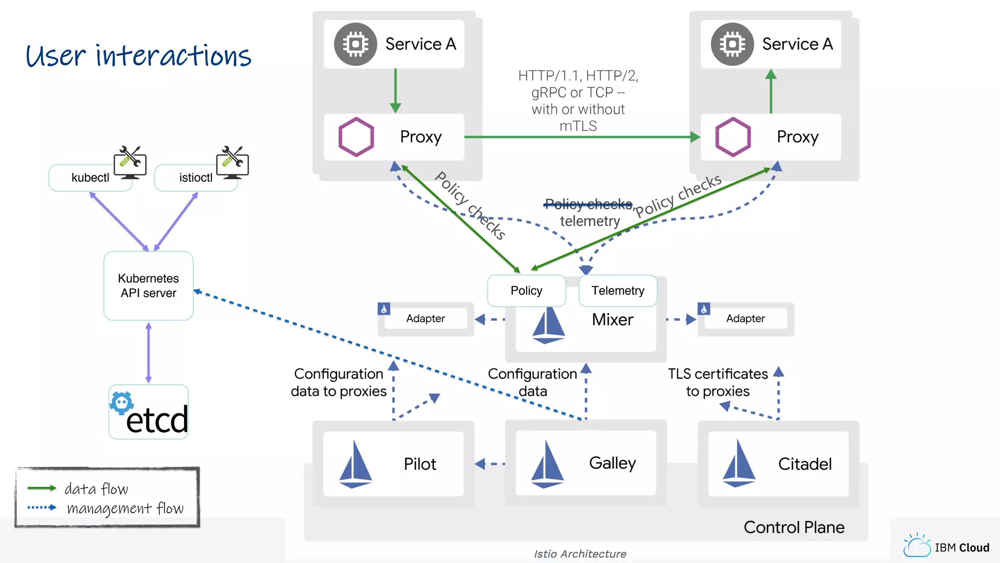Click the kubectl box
[x=90, y=177]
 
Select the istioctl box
[x=195, y=177]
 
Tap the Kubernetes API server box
[x=148, y=286]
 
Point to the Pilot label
[x=419, y=464]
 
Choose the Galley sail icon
[x=547, y=464]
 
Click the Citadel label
[x=804, y=464]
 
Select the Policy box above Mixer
[x=526, y=291]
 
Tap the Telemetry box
[x=618, y=291]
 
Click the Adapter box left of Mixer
[x=425, y=319]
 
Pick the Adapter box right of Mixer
[x=745, y=319]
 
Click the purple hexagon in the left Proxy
[x=356, y=137]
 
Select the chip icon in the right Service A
[x=732, y=44]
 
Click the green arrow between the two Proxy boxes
[x=581, y=137]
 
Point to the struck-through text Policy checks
[x=588, y=204]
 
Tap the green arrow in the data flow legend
[x=42, y=488]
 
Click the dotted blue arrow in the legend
[x=42, y=507]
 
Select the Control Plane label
[x=793, y=527]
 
